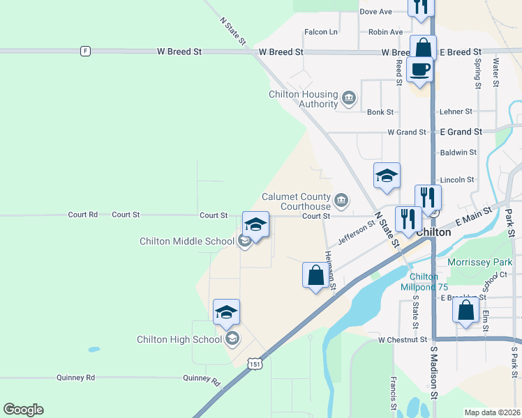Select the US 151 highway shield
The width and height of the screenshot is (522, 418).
click(256, 363)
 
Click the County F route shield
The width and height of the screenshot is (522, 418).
click(84, 51)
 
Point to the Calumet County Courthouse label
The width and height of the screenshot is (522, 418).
click(296, 201)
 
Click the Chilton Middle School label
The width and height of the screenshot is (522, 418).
click(186, 242)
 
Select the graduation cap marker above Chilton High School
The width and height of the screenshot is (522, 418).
click(226, 312)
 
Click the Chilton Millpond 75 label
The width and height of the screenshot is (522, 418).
click(424, 281)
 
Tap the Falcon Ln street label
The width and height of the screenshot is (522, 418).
click(321, 32)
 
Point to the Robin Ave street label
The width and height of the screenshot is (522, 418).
click(386, 32)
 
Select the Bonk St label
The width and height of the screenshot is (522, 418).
click(380, 111)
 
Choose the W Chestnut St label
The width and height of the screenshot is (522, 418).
click(402, 340)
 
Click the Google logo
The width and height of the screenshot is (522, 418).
click(23, 410)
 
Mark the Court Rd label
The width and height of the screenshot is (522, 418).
click(83, 215)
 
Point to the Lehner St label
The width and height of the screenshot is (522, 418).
click(456, 111)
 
